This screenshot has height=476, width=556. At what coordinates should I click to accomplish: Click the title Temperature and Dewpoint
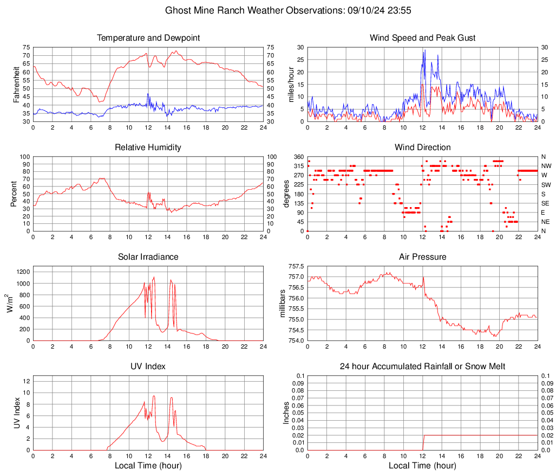click(x=148, y=38)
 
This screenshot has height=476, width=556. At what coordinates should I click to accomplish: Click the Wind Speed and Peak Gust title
click(x=422, y=38)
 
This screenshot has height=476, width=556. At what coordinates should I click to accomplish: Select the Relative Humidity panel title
click(x=148, y=147)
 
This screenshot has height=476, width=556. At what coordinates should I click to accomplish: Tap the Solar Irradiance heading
click(x=148, y=256)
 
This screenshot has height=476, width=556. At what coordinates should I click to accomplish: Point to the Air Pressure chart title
click(x=422, y=256)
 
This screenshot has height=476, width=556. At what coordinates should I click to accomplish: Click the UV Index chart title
click(x=148, y=366)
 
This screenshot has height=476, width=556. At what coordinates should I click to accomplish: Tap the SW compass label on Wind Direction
click(x=547, y=185)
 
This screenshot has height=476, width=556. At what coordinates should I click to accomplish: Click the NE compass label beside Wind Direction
click(x=547, y=222)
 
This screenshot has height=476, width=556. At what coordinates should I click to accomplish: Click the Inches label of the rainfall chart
click(x=286, y=413)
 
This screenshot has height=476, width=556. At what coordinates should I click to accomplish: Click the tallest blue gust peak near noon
click(x=425, y=50)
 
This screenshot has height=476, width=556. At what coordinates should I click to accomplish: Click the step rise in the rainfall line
click(x=423, y=442)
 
